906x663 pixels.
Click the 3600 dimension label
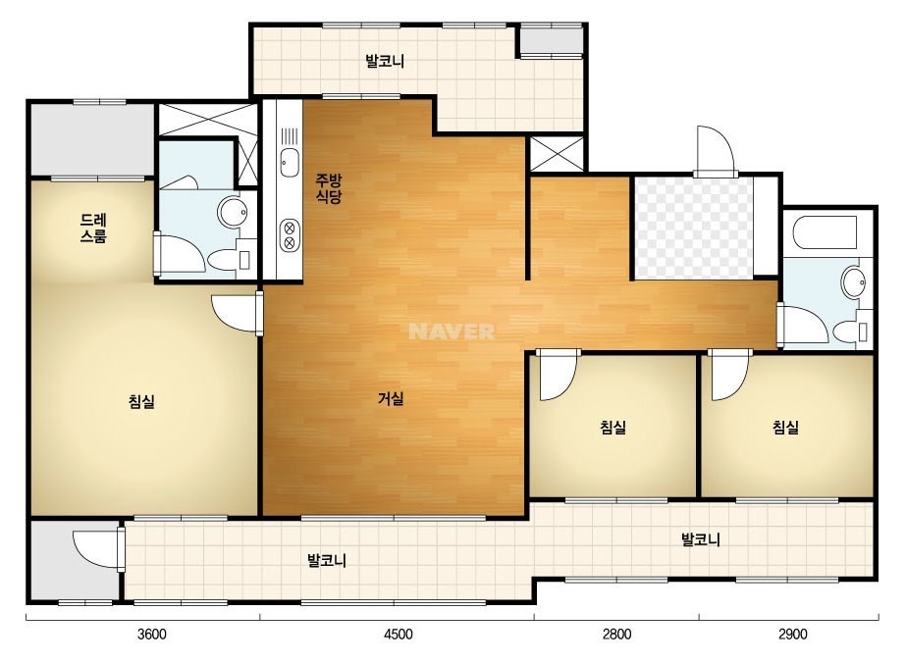click(x=151, y=635)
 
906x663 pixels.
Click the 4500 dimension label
click(x=399, y=635)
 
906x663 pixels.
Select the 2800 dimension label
click(x=616, y=635)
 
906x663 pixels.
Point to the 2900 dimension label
click(x=792, y=635)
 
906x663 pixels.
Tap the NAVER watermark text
click(x=452, y=331)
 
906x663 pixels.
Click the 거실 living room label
click(x=391, y=398)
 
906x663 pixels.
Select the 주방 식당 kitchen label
click(x=328, y=188)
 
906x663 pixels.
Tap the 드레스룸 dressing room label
click(x=93, y=229)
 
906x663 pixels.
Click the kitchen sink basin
click(x=289, y=162)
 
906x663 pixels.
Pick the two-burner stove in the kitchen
click(x=290, y=235)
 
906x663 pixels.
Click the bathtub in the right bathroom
click(x=825, y=232)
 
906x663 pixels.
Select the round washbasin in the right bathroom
click(x=853, y=282)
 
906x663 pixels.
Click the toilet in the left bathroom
click(x=229, y=260)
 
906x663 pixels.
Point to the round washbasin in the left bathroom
click(x=233, y=212)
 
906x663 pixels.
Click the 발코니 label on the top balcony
click(x=384, y=61)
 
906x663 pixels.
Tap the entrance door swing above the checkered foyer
click(x=716, y=150)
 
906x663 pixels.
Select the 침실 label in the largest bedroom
click(x=141, y=401)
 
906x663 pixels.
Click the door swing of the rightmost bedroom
click(x=729, y=377)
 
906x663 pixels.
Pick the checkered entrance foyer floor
click(x=694, y=228)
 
